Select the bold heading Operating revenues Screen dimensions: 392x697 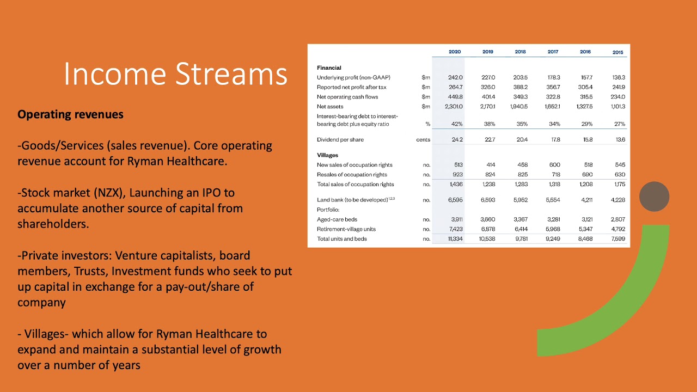pos(70,115)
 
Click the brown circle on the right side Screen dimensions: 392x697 pos(654,197)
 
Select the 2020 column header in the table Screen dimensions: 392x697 pos(455,52)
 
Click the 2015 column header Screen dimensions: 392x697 pos(617,52)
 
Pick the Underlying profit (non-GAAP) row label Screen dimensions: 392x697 pos(353,78)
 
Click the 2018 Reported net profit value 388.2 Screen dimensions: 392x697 pos(520,87)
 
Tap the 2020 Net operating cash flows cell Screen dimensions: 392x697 pos(455,97)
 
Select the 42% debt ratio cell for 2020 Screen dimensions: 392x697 pos(456,124)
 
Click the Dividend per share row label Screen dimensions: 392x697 pos(340,140)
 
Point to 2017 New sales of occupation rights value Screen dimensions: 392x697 pos(554,165)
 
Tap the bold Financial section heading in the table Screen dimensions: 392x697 pos(329,68)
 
